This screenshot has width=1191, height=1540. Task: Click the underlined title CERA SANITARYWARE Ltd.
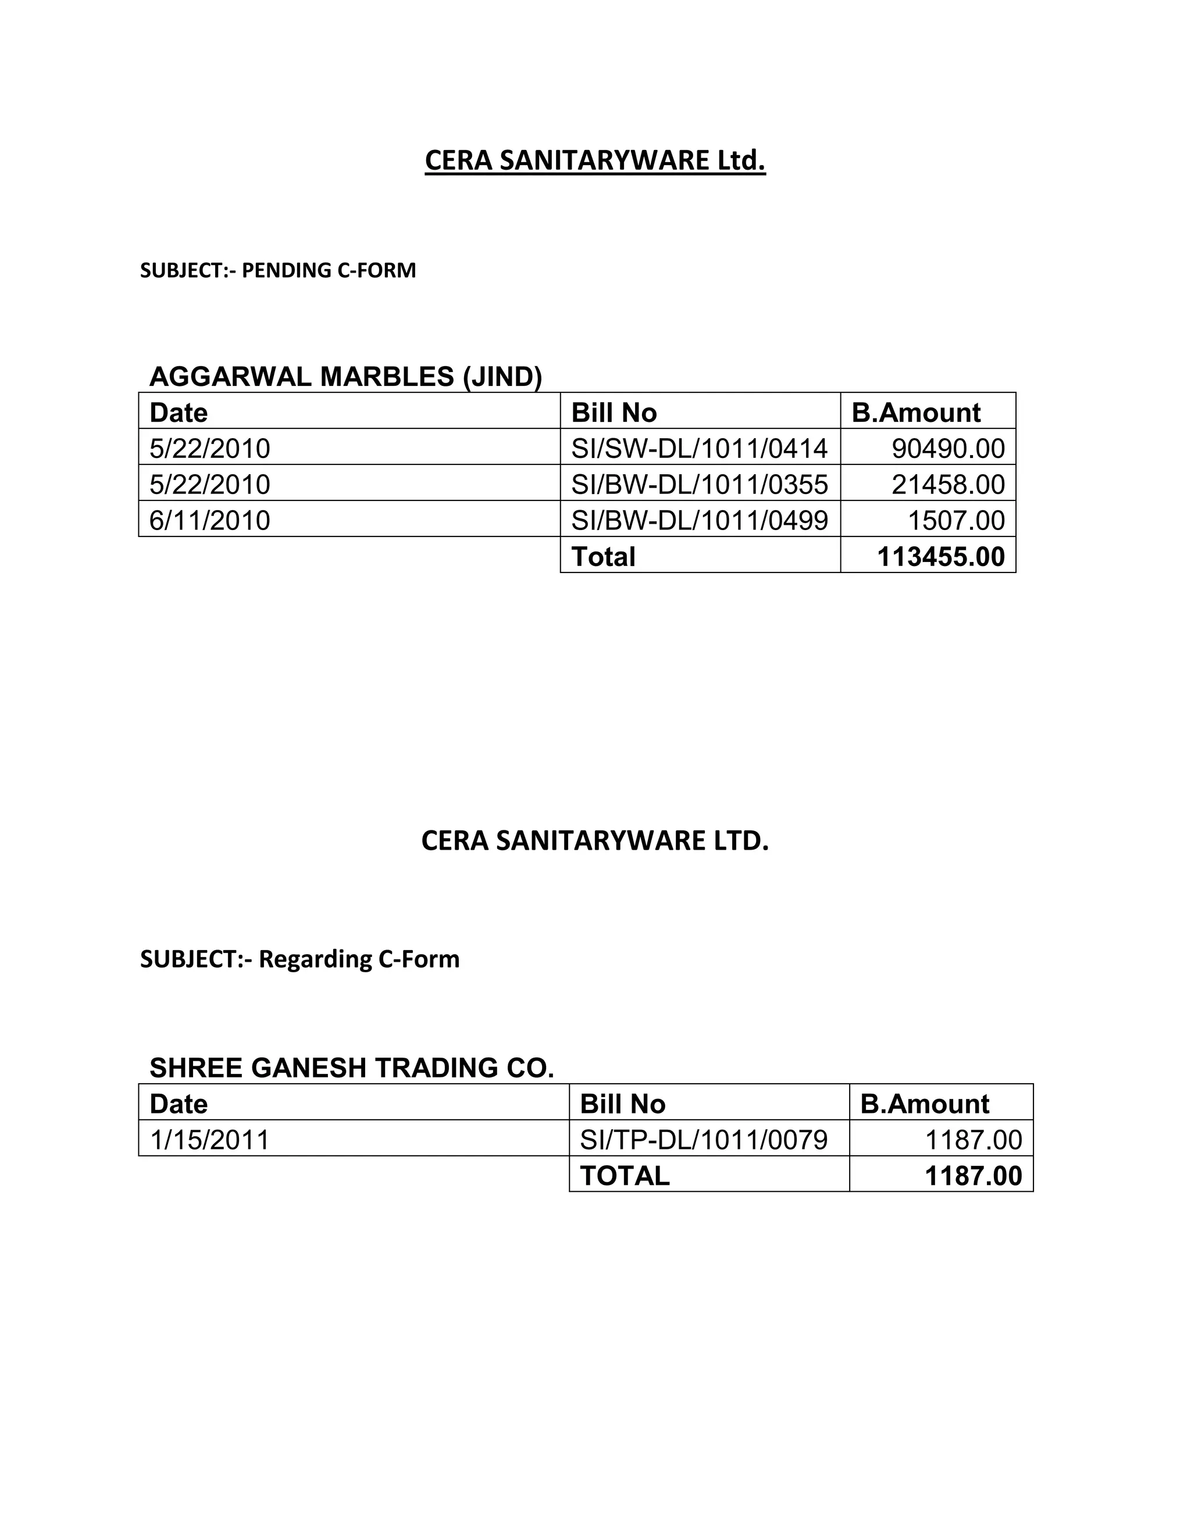point(595,161)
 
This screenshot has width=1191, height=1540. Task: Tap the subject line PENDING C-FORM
point(278,270)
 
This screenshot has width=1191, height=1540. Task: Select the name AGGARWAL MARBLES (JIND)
point(346,377)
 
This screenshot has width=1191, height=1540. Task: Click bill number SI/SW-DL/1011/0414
point(699,449)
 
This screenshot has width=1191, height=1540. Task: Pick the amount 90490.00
point(947,449)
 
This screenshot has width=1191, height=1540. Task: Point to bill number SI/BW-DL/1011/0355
point(699,485)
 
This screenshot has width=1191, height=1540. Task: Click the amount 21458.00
point(947,485)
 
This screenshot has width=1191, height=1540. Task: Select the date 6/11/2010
point(209,520)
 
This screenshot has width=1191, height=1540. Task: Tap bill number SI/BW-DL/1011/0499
point(699,520)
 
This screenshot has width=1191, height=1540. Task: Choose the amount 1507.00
point(955,520)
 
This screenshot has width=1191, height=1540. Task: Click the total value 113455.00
point(940,556)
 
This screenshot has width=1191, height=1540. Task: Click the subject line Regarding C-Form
point(300,959)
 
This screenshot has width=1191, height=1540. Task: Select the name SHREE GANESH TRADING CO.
point(351,1068)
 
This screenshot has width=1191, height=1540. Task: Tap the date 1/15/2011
point(209,1140)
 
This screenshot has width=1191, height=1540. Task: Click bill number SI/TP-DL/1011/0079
point(704,1140)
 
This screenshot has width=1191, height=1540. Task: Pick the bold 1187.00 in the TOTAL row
point(973,1176)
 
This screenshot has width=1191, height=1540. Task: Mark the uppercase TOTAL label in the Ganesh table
point(625,1176)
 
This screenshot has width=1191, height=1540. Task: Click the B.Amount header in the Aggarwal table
point(916,413)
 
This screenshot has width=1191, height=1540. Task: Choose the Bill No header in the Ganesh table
point(622,1104)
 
